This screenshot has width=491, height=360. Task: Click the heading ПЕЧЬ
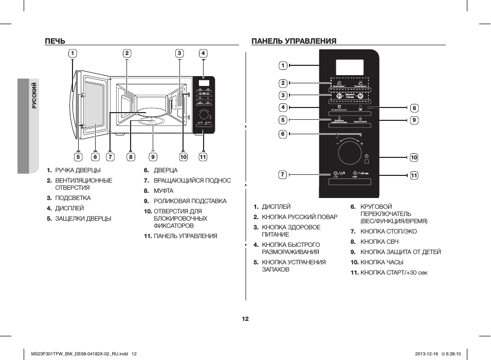click(54, 41)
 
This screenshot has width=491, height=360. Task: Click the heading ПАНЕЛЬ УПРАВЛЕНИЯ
click(294, 41)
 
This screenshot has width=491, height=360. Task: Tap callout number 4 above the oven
click(203, 53)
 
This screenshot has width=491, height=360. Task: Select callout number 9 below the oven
click(153, 157)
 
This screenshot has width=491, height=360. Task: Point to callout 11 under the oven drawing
click(203, 157)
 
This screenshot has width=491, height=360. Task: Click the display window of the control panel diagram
click(350, 66)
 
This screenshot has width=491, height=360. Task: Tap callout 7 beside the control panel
click(283, 174)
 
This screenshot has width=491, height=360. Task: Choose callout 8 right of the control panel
click(414, 108)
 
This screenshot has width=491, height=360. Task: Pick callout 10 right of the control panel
click(414, 157)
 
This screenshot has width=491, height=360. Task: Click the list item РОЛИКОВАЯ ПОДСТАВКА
click(190, 201)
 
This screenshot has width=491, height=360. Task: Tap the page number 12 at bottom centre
click(245, 319)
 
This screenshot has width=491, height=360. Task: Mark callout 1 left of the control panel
click(283, 65)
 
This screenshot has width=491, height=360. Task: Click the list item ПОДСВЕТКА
click(72, 198)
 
